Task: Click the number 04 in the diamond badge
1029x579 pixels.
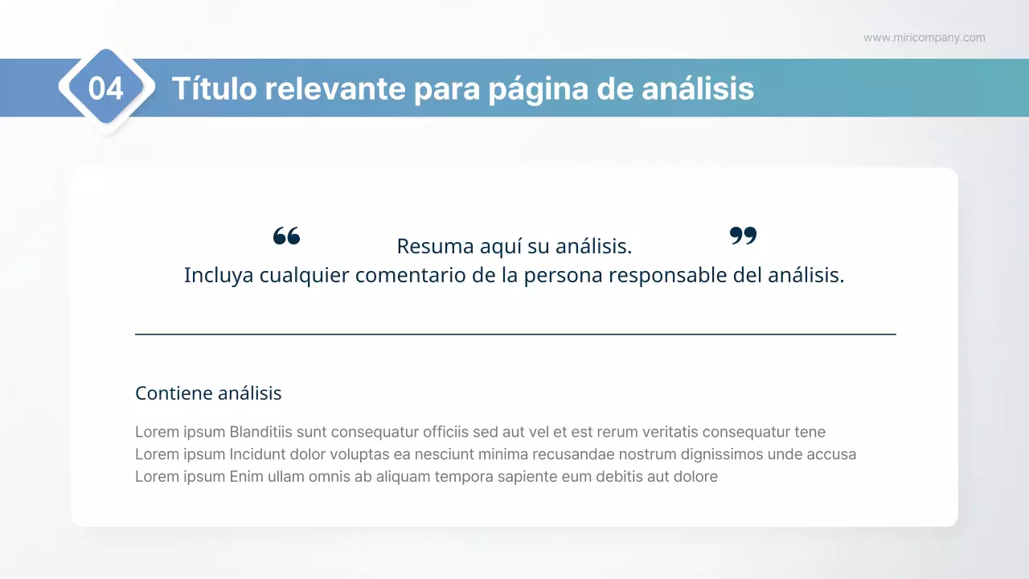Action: click(x=106, y=88)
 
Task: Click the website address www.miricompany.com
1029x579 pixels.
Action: click(x=924, y=38)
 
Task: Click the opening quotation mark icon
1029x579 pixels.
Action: click(x=286, y=236)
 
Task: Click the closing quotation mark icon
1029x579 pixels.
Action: click(x=743, y=236)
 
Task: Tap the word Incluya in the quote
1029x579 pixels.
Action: click(x=219, y=275)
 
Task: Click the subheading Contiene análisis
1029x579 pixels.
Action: click(x=208, y=393)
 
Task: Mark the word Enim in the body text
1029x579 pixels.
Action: click(x=246, y=477)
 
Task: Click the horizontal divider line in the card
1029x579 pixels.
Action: click(x=515, y=334)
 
